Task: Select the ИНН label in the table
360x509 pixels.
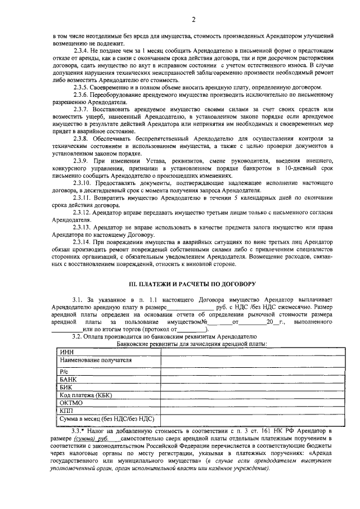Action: tap(66, 352)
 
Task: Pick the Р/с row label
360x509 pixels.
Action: tap(63, 372)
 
